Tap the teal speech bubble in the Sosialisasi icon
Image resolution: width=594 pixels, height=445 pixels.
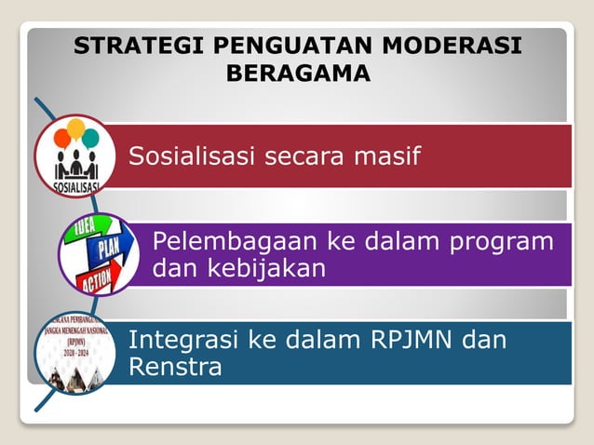click(90, 139)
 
